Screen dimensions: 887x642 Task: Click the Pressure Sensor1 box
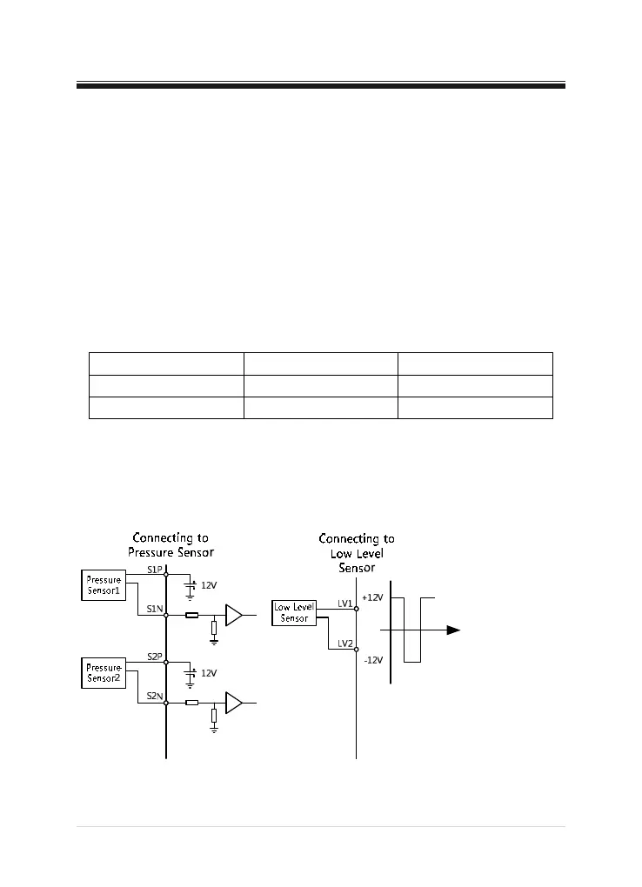pyautogui.click(x=104, y=585)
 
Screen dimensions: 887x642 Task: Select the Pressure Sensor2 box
pyautogui.click(x=104, y=672)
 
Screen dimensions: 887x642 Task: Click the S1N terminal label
pyautogui.click(x=154, y=609)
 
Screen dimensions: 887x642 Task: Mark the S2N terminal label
pyautogui.click(x=154, y=696)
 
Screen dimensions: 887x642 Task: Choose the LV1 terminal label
pyautogui.click(x=344, y=603)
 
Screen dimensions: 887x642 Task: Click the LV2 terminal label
pyautogui.click(x=344, y=644)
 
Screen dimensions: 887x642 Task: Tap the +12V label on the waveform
pyautogui.click(x=373, y=598)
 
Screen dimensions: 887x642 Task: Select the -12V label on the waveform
pyautogui.click(x=372, y=660)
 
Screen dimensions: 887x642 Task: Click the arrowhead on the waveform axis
pyautogui.click(x=453, y=630)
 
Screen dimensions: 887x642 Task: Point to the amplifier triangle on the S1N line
pyautogui.click(x=233, y=616)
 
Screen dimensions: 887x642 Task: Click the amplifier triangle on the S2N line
pyautogui.click(x=233, y=703)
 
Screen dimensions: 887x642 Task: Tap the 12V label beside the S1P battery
pyautogui.click(x=209, y=586)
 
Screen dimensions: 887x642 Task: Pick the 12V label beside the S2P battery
pyautogui.click(x=209, y=673)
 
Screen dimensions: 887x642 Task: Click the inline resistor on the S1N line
pyautogui.click(x=192, y=616)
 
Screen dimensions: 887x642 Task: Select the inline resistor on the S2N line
pyautogui.click(x=192, y=703)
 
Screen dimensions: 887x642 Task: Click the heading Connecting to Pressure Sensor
pyautogui.click(x=171, y=544)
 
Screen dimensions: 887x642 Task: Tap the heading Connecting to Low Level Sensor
pyautogui.click(x=357, y=553)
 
